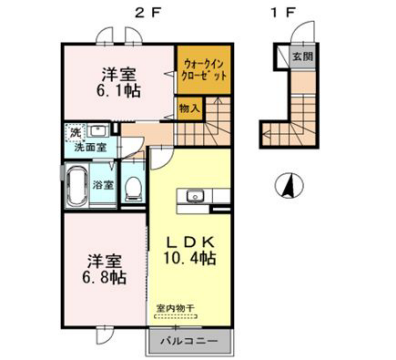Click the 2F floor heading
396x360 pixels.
(x=140, y=13)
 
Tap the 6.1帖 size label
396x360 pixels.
(x=115, y=96)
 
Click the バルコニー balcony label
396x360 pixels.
(x=189, y=340)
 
